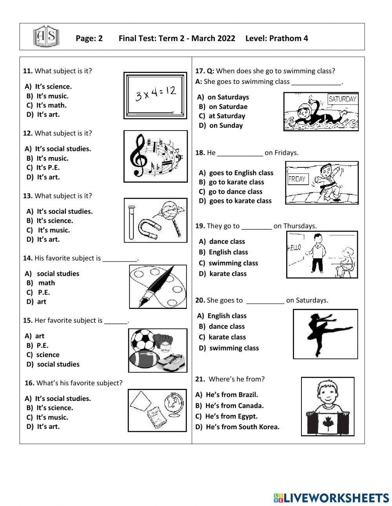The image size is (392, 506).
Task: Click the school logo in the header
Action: click(x=46, y=36)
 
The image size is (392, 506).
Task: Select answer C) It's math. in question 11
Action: click(x=47, y=105)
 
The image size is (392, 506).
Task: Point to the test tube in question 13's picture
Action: click(x=131, y=221)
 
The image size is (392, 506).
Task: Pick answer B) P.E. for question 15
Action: click(x=38, y=345)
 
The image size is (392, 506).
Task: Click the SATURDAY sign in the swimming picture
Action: click(x=342, y=99)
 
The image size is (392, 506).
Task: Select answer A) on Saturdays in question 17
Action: click(x=223, y=97)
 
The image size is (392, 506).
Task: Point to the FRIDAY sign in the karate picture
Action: click(x=297, y=179)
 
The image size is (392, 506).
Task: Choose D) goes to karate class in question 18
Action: click(x=235, y=201)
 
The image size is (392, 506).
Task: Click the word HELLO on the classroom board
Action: click(x=294, y=247)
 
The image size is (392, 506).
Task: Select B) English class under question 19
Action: click(x=223, y=252)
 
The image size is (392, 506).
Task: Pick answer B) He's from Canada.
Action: click(x=230, y=406)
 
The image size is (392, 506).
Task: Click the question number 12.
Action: click(x=27, y=133)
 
